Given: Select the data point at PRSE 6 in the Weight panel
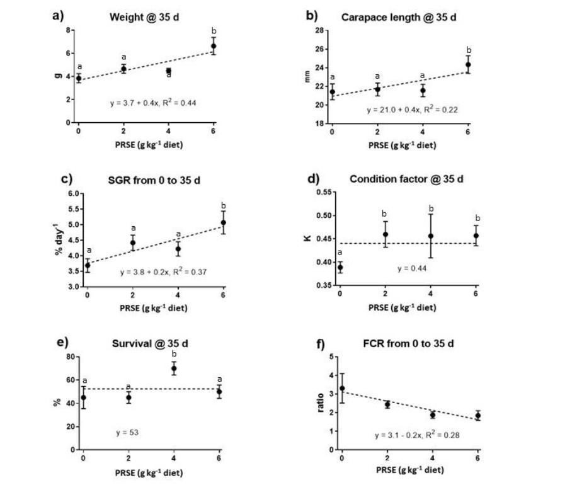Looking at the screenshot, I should coord(214,46).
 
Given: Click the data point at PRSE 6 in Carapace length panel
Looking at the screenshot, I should coord(468,64).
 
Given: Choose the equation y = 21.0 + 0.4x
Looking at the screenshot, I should coord(412,110).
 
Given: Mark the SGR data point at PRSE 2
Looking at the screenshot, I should coord(133,243).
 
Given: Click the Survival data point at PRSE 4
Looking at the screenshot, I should coord(174,368).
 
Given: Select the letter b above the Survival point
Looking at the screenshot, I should coord(174,354).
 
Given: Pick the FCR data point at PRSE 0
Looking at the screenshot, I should coord(342,389).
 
